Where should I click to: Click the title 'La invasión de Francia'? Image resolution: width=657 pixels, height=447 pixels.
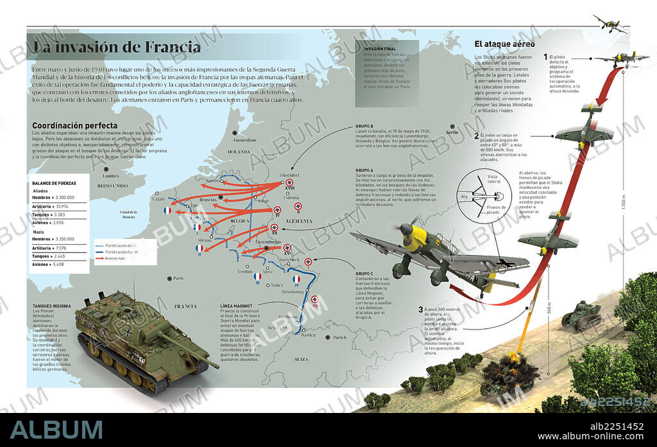(117, 48)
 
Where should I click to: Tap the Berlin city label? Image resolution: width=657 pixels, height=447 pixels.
(452, 133)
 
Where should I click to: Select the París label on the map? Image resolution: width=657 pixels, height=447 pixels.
(178, 278)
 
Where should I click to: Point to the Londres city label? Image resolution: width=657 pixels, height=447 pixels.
(111, 175)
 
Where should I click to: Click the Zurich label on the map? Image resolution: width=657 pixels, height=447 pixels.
(339, 337)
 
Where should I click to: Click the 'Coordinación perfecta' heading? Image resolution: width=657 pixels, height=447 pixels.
(74, 125)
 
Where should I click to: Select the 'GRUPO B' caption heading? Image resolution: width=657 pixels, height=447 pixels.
(364, 126)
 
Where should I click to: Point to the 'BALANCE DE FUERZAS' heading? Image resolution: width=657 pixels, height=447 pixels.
(54, 183)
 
